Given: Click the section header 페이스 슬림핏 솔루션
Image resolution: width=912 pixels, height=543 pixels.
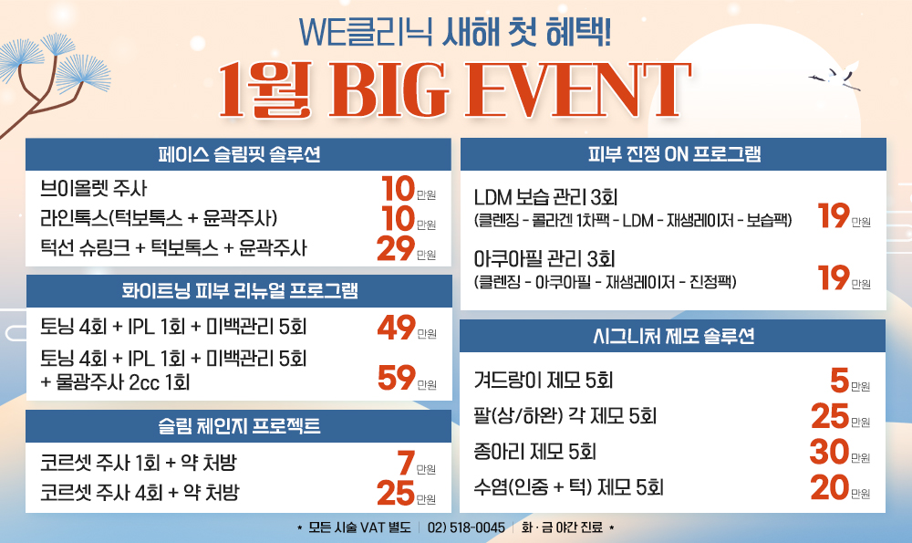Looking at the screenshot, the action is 239,154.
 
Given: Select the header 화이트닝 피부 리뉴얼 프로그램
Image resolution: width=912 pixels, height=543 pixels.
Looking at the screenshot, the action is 240,290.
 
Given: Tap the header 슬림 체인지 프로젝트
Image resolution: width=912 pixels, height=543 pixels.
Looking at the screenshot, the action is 239,426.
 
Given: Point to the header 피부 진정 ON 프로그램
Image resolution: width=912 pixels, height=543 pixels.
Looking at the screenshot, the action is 674,153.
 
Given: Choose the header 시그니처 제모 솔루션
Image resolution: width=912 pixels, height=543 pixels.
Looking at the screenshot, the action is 674,336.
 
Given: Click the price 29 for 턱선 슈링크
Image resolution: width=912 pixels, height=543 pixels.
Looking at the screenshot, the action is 396,248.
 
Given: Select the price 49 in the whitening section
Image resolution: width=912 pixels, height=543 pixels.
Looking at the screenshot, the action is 397,327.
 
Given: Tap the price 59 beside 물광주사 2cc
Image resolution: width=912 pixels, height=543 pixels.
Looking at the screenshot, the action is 397,378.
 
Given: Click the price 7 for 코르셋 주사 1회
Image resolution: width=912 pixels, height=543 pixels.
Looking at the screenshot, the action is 407,464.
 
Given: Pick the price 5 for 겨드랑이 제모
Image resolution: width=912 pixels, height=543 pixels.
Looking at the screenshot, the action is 840,381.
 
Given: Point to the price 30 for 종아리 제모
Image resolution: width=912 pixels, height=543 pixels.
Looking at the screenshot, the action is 829,452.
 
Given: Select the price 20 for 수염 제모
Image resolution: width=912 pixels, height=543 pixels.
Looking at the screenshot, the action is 830,487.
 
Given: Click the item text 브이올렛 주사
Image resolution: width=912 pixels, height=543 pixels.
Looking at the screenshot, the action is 94,189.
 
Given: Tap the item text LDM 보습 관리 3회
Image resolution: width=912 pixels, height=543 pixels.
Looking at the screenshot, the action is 545,197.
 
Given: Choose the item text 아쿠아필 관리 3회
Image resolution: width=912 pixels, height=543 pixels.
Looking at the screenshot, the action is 544,259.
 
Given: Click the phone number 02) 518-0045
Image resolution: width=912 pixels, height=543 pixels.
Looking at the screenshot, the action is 466,527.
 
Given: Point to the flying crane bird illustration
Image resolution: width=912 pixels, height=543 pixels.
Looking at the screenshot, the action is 835,76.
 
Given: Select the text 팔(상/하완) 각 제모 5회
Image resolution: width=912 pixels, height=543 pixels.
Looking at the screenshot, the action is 565,416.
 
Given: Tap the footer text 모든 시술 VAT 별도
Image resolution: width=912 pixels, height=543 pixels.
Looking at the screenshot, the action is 359,527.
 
